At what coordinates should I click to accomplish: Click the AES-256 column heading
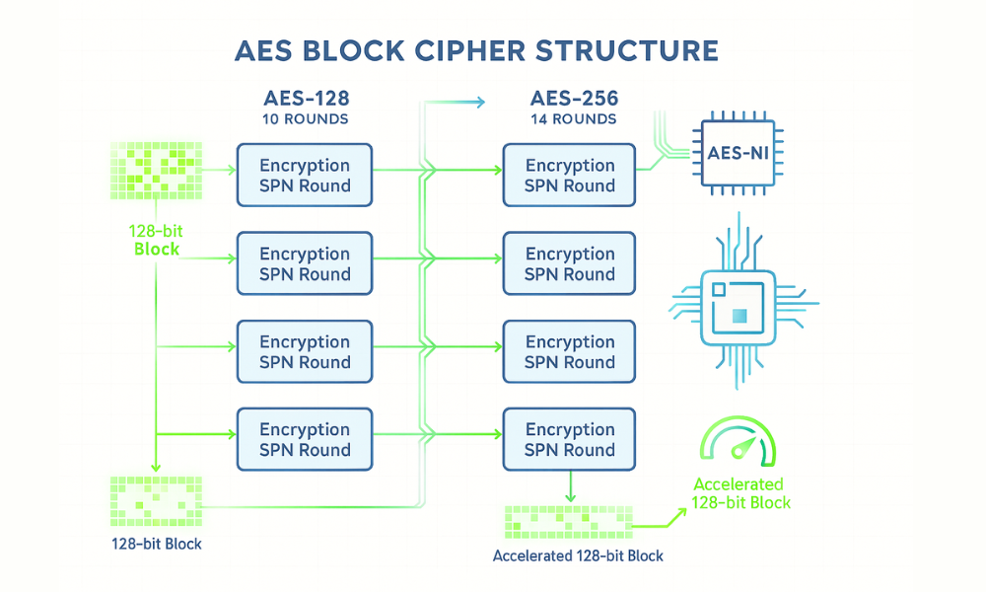pos(574,100)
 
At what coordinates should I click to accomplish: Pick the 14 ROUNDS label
pos(574,119)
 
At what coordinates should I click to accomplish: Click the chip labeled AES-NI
pos(737,153)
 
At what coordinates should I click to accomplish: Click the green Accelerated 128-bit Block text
pos(739,493)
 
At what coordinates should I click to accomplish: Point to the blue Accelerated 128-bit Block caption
pos(578,555)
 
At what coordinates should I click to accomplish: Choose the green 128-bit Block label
pos(156,240)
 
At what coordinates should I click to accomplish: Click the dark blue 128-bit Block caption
pos(156,544)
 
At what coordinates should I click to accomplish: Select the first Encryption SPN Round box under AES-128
pos(305,176)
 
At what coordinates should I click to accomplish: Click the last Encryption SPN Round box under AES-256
pos(570,440)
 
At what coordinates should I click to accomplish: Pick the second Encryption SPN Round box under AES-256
pos(570,263)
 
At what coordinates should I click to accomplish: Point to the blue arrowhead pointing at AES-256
pos(480,102)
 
